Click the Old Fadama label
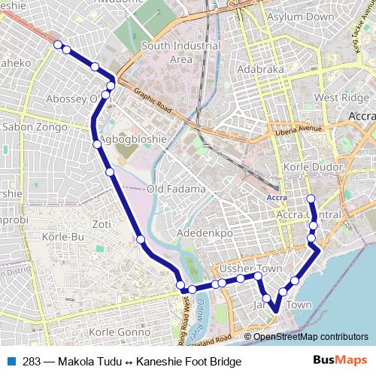(x=176, y=189)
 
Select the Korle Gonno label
(x=120, y=332)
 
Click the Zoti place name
(x=102, y=224)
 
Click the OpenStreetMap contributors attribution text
(x=311, y=336)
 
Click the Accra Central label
(x=309, y=215)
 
